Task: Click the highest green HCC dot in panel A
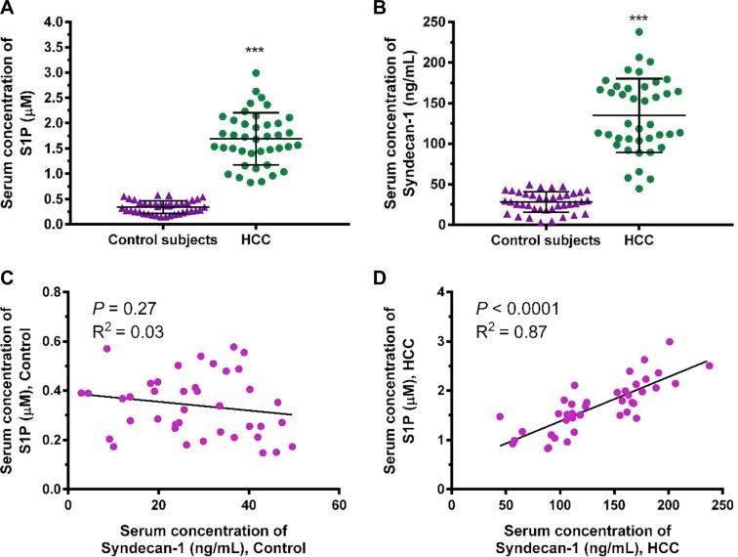click(x=255, y=72)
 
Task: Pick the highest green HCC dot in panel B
click(x=638, y=32)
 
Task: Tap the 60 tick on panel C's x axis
click(x=339, y=506)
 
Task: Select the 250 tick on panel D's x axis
click(x=721, y=506)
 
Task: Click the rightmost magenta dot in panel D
click(x=710, y=365)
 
